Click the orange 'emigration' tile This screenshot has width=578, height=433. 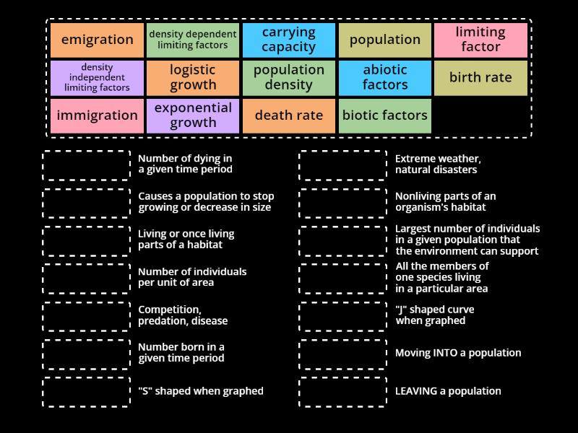coord(97,40)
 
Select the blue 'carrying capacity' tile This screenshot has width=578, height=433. coord(289,40)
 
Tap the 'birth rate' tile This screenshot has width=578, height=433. coord(480,78)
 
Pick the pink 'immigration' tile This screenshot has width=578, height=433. coord(97,115)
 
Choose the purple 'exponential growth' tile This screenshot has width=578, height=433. coord(193,115)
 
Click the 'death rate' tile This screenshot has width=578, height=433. coord(289,115)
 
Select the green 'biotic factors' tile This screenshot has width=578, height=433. coord(385,115)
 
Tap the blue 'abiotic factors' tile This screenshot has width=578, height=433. coord(385,78)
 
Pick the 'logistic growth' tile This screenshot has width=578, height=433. coord(193,78)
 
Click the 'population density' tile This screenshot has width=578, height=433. coord(289,78)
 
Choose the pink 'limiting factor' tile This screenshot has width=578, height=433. coord(480,40)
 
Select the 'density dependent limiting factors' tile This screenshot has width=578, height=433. coord(193,40)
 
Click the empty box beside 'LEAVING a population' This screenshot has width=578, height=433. coord(343,392)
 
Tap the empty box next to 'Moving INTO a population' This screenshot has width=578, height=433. coord(343,354)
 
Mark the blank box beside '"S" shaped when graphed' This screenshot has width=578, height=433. coord(87,392)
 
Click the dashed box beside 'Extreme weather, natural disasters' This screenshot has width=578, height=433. coord(343,165)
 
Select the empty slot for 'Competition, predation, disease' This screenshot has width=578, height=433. coord(87,316)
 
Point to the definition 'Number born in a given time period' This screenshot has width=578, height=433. coord(181,353)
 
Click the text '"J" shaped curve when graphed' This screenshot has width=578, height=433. coord(435,315)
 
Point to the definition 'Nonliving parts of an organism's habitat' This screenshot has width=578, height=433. coord(446,202)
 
